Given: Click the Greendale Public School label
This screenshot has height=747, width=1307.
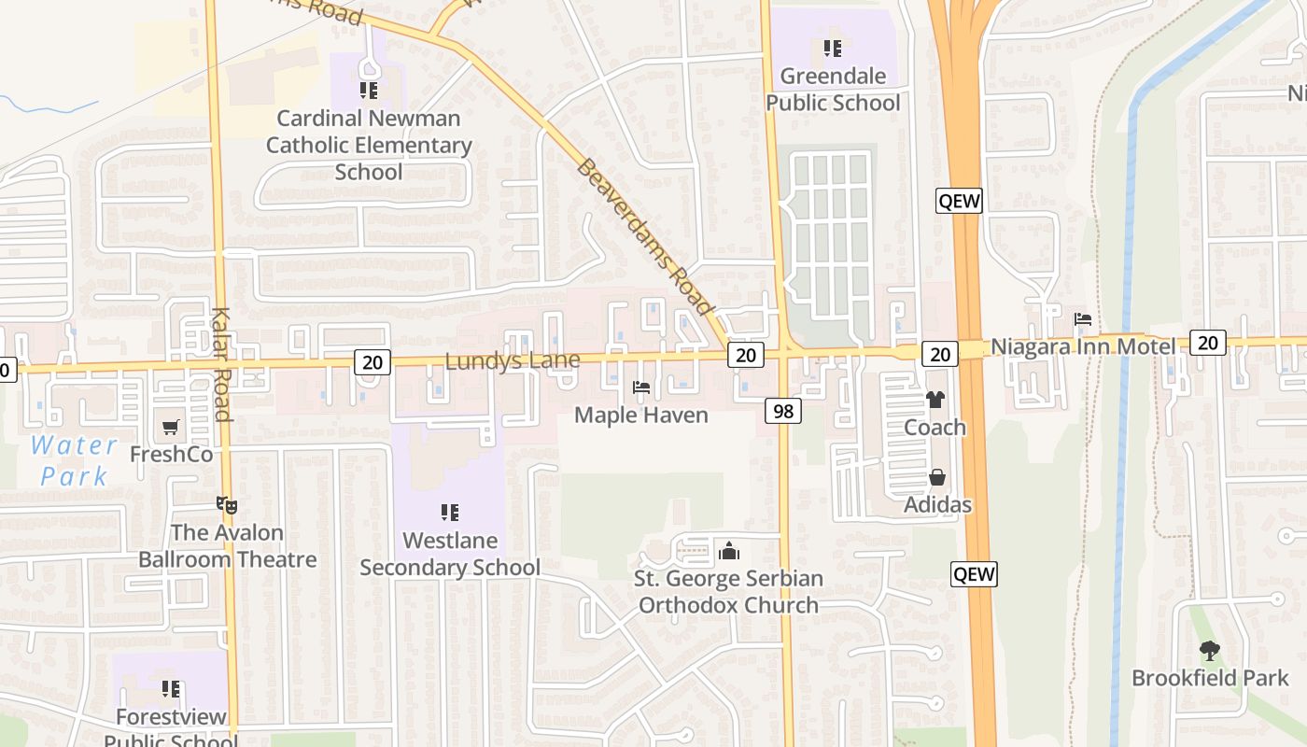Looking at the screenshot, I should pos(833,90).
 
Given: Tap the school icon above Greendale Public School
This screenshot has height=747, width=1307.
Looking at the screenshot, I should pos(833,49).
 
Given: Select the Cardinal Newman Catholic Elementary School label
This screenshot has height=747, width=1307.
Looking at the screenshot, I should pos(369,146).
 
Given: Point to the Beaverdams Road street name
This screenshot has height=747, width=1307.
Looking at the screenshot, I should pos(644,237).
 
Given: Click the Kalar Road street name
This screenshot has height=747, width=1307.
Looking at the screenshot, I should pos(221,364).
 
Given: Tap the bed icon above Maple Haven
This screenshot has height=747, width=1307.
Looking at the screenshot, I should pos(641,387).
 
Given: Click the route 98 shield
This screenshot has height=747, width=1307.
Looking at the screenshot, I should pos(785,410).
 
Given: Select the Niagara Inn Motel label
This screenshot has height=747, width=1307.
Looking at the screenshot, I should pos(1083,347).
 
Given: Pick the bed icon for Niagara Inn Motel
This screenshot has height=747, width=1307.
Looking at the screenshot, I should pos(1083,319).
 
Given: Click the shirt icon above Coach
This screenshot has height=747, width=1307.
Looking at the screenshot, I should pos(935,400).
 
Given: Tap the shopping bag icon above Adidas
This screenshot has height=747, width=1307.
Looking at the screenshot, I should pos(937,478).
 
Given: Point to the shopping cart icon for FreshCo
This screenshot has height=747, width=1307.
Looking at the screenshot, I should pos(171,428).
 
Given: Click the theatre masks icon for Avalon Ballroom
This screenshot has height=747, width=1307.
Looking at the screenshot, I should pos(227,505).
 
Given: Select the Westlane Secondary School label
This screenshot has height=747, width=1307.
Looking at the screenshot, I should pos(450,554).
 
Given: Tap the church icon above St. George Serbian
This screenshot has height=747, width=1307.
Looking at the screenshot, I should pos(729,551).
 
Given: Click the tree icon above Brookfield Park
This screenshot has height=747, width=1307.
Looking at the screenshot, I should pos(1210,650).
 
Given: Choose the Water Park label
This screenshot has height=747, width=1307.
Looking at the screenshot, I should pos(74,460).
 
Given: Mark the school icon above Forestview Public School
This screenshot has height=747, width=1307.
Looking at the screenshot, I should pos(171,689).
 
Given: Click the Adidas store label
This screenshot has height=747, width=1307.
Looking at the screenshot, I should pos(937,505).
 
